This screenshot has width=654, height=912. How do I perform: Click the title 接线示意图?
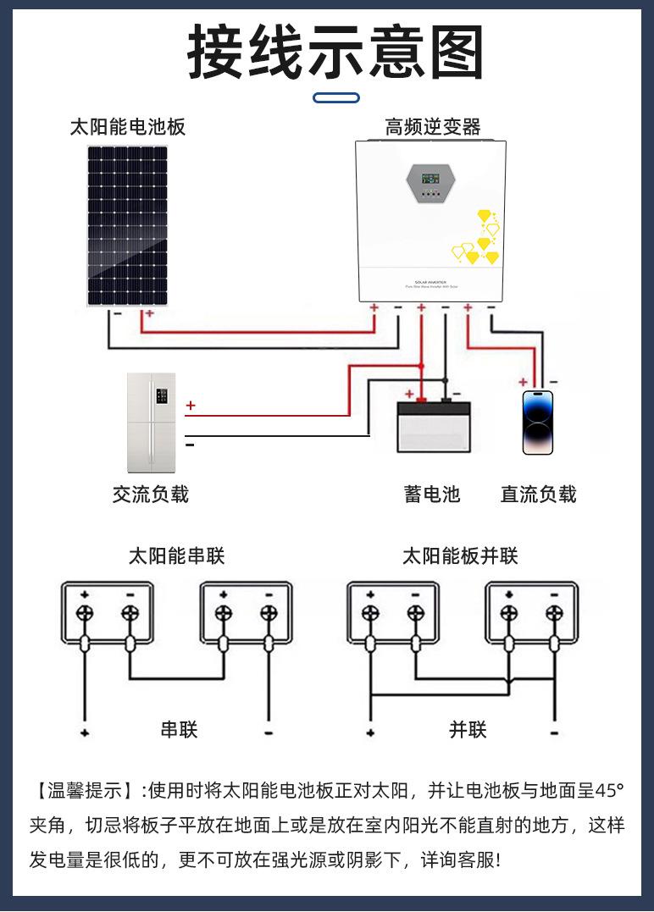point(335,53)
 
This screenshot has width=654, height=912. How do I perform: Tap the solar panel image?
point(127,225)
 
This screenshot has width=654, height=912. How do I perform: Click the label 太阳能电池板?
point(127,128)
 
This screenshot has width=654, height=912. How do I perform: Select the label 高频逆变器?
point(433,128)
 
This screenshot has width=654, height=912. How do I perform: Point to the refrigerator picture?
point(151,423)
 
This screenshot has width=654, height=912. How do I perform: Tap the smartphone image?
point(537,423)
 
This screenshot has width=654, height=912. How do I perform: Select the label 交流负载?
point(151,495)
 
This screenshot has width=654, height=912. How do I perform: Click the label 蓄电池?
point(432,495)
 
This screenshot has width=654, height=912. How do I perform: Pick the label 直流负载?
point(538,495)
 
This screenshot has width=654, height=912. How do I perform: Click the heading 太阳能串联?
point(176,556)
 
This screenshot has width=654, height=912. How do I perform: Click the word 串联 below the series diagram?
point(180,729)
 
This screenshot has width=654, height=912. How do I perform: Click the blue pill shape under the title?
point(335,98)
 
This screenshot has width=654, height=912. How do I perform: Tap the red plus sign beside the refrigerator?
point(191,406)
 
